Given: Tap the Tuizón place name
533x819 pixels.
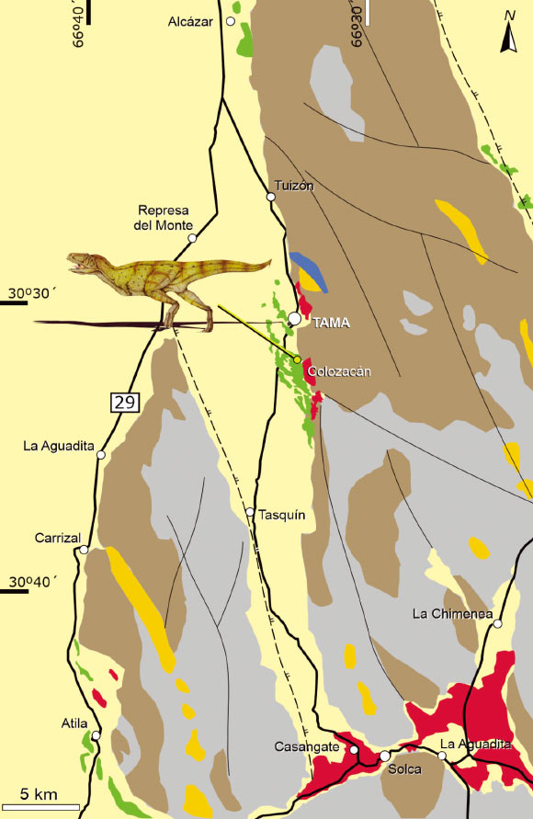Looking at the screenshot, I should click(294, 185).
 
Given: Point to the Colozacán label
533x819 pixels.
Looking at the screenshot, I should click(339, 370).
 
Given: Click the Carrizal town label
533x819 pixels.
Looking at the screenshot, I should click(59, 538).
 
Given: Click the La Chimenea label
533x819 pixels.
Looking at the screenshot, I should click(453, 613).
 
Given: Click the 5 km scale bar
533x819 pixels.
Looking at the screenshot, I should click(40, 806).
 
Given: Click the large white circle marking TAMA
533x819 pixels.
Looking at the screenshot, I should click(294, 318).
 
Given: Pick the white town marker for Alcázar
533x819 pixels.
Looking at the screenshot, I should click(232, 20).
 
